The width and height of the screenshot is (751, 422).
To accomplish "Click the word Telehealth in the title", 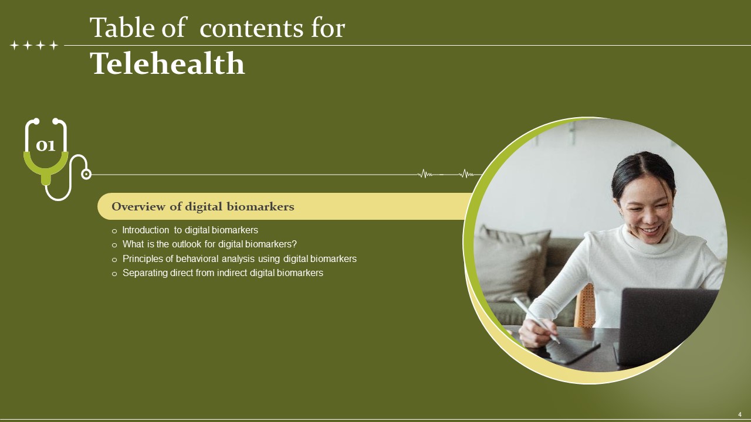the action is tap(168, 63).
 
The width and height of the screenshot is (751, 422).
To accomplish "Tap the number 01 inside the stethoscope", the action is tap(46, 146).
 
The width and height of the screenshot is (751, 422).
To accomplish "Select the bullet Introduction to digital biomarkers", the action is tap(190, 230).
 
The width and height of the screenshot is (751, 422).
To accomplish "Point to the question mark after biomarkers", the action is tap(294, 244).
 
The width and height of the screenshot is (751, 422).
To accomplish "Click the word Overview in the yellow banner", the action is tap(138, 206).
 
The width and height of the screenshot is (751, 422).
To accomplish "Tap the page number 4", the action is tap(740, 414).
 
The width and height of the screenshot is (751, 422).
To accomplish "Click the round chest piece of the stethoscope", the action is tap(86, 174).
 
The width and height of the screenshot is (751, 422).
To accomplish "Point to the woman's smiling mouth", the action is tap(651, 230).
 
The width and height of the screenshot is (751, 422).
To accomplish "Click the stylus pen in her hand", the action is tap(536, 320).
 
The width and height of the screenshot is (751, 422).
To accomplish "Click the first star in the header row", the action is tap(14, 45).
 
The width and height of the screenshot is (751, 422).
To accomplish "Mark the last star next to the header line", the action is tap(53, 45).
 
